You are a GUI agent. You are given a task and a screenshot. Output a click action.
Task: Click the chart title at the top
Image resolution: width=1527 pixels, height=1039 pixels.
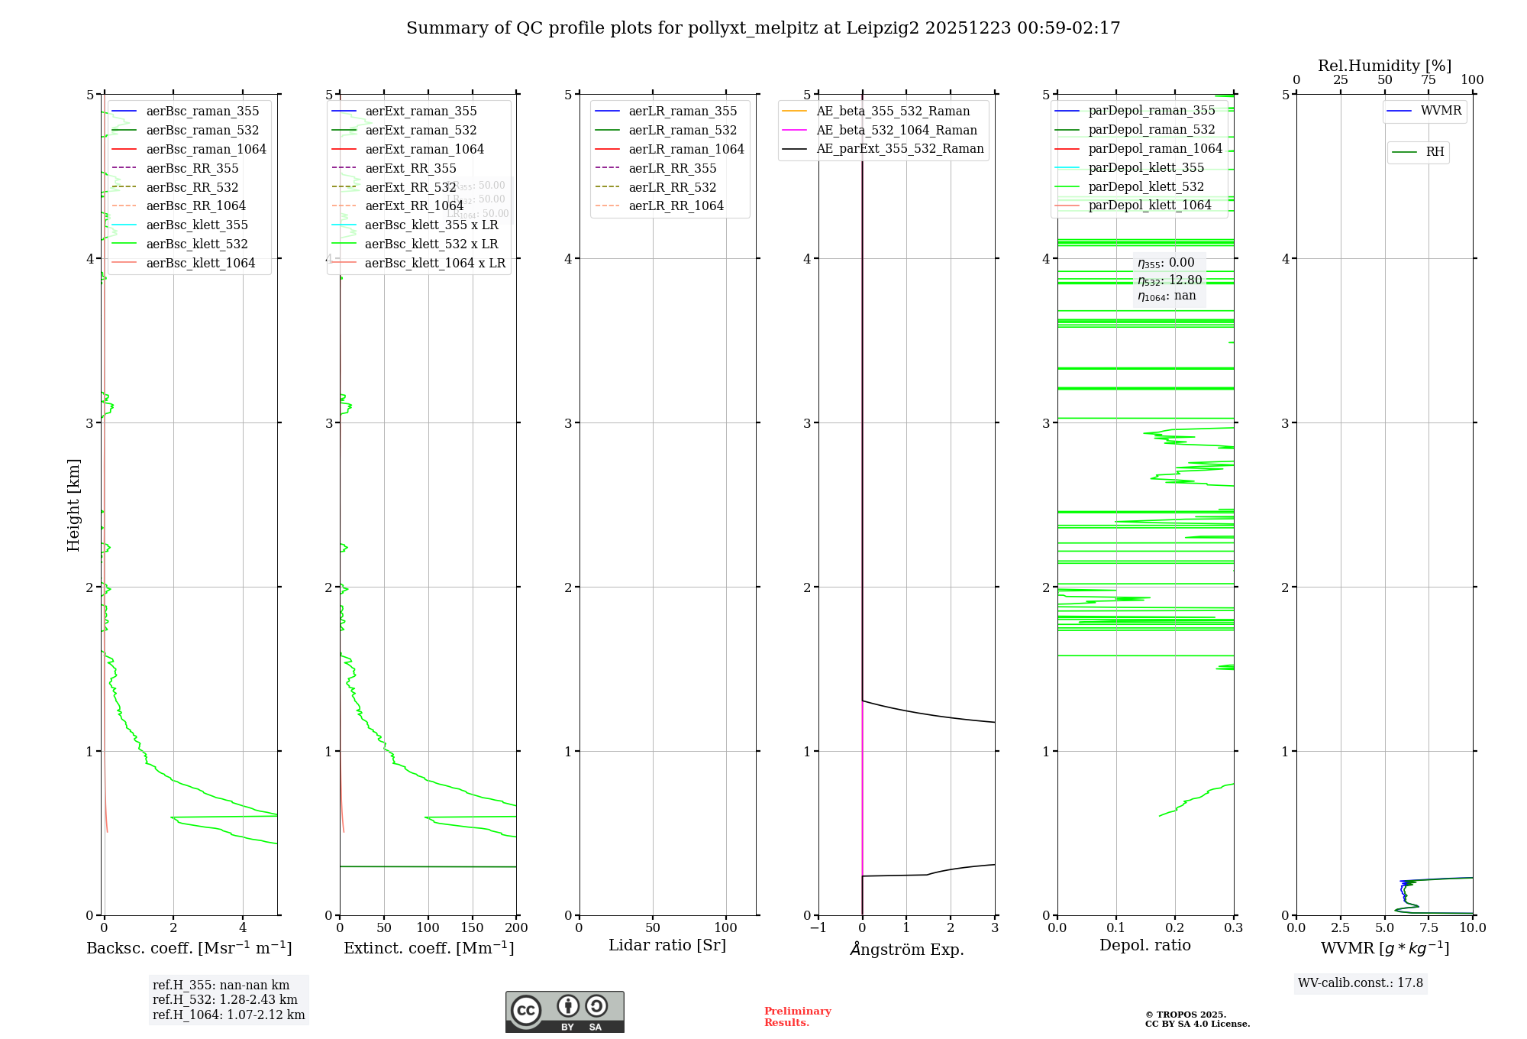click(x=763, y=28)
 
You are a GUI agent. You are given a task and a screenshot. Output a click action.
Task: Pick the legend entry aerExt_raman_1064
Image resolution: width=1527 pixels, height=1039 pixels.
click(x=424, y=150)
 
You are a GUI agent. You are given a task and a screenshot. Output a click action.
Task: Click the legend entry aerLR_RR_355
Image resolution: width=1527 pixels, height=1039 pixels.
click(x=672, y=169)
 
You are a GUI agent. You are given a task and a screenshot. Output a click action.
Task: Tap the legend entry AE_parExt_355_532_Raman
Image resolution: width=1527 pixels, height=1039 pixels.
click(x=899, y=149)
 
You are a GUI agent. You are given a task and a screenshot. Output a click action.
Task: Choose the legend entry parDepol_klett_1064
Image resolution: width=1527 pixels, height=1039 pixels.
click(x=1149, y=206)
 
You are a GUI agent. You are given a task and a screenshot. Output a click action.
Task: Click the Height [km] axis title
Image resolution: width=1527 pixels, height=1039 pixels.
click(x=73, y=505)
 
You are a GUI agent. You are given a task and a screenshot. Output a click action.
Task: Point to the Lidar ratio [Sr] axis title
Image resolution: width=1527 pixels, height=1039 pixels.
click(x=667, y=945)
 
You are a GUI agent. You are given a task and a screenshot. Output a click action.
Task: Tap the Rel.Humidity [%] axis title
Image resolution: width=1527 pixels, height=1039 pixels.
click(x=1384, y=66)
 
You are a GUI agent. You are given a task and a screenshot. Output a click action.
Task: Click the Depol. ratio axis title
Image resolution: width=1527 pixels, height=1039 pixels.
click(x=1144, y=945)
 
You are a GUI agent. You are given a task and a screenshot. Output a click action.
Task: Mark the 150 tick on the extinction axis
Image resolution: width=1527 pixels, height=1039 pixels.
click(x=473, y=928)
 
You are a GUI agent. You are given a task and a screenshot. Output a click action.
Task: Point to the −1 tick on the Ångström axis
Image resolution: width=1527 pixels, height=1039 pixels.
click(x=818, y=928)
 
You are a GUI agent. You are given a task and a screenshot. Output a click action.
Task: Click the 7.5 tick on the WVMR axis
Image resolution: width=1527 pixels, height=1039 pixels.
click(x=1429, y=928)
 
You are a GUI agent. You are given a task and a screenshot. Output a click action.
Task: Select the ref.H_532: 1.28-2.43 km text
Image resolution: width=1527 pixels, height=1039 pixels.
click(x=224, y=1000)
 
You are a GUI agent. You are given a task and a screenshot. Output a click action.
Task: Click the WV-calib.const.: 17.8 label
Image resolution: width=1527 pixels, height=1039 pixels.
click(x=1361, y=983)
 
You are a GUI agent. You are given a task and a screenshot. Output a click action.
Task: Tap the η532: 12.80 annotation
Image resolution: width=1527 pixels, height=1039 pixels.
click(x=1169, y=280)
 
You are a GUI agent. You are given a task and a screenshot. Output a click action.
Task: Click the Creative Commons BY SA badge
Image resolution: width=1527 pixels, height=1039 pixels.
click(x=564, y=1012)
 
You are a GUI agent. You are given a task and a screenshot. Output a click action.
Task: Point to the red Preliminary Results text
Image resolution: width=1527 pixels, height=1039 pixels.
click(x=797, y=1017)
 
